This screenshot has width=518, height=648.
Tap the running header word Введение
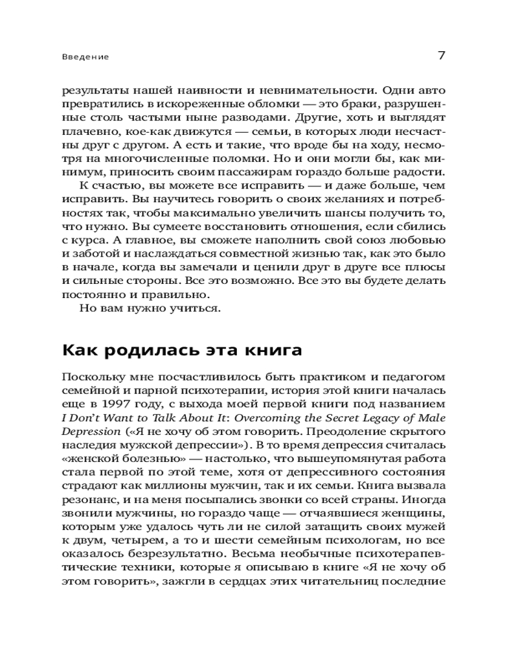pos(86,57)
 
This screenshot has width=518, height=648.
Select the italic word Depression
pos(91,432)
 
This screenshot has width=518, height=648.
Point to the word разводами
pos(249,118)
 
